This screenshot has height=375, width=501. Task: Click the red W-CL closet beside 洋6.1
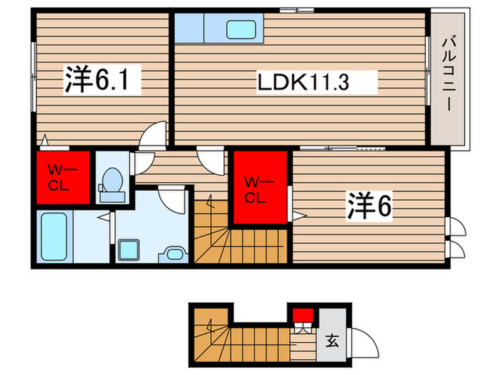point(62,177)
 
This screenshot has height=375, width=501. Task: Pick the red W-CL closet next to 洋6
point(258,188)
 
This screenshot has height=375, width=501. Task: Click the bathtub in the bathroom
point(54,236)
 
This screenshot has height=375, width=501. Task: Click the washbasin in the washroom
point(173,252)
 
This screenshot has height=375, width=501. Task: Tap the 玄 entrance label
point(332,339)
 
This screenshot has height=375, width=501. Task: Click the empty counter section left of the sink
point(190,29)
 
